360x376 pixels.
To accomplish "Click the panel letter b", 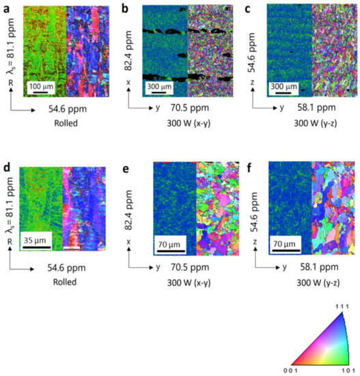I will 124,8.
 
